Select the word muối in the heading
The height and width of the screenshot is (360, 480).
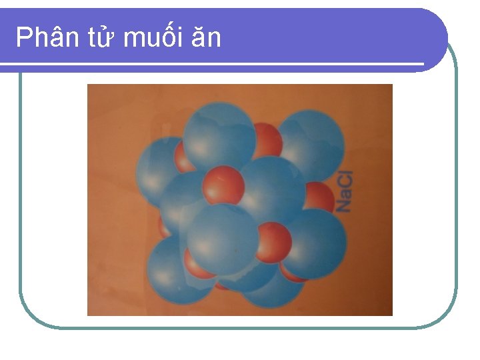[x=153, y=38]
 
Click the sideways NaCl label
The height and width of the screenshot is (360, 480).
[x=343, y=191]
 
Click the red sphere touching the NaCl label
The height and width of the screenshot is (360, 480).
[x=319, y=198]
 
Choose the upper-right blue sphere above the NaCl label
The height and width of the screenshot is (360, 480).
[x=310, y=144]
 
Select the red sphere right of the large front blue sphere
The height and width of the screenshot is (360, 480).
[x=273, y=241]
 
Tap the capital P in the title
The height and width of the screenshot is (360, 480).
[x=23, y=38]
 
